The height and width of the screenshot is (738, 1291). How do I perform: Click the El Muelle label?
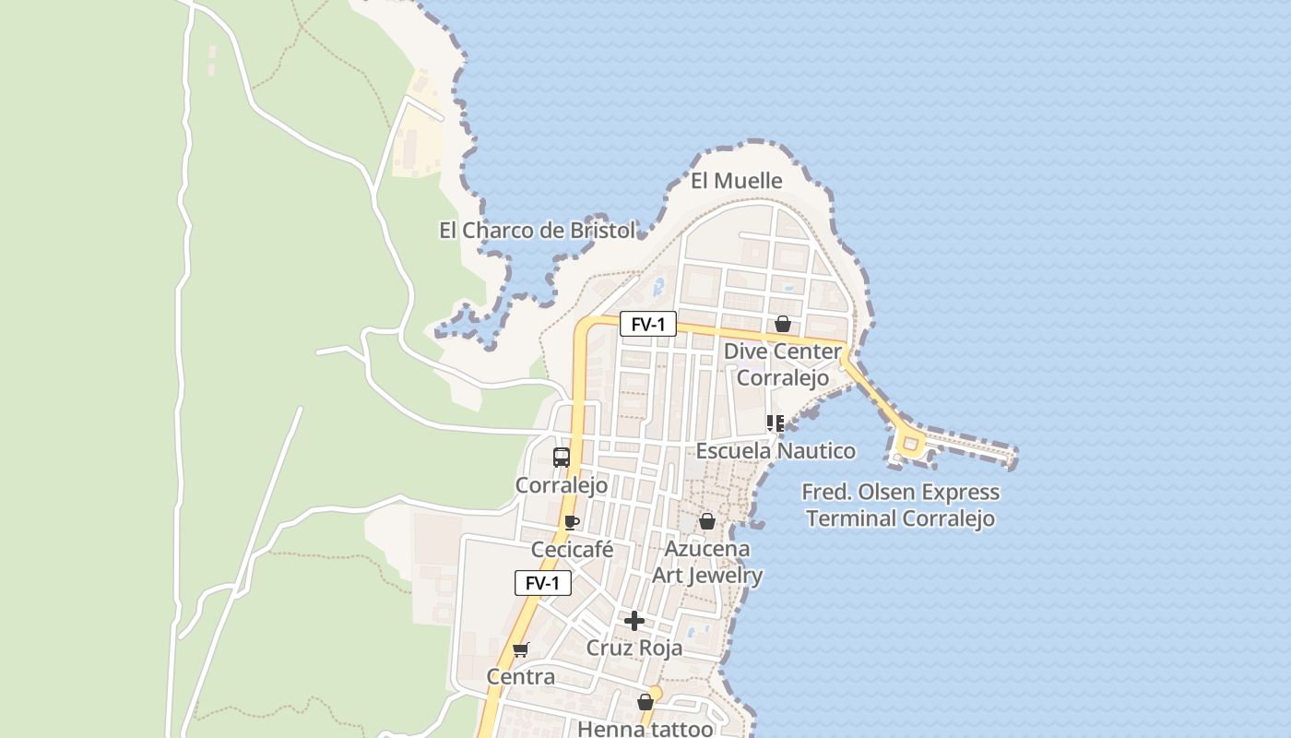pyautogui.click(x=736, y=181)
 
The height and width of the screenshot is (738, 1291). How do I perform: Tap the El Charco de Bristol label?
pyautogui.click(x=537, y=230)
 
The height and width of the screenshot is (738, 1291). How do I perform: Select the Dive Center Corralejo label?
pyautogui.click(x=782, y=364)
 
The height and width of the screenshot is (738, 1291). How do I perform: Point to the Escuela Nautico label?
pyautogui.click(x=775, y=451)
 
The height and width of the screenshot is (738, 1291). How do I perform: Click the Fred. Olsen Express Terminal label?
pyautogui.click(x=900, y=505)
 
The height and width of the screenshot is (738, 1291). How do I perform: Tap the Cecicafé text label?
pyautogui.click(x=572, y=550)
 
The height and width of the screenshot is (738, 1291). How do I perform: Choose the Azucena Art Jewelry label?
pyautogui.click(x=707, y=562)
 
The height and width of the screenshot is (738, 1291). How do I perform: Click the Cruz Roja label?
pyautogui.click(x=634, y=648)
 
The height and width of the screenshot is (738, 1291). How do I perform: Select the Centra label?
pyautogui.click(x=521, y=677)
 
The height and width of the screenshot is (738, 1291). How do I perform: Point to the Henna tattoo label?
pyautogui.click(x=645, y=728)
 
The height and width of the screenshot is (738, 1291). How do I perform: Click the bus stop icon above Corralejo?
pyautogui.click(x=561, y=457)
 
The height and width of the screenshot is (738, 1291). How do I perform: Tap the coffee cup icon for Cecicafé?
pyautogui.click(x=572, y=522)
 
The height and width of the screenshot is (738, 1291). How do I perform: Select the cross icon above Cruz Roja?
pyautogui.click(x=634, y=621)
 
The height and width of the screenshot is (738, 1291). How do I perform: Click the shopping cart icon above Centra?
pyautogui.click(x=521, y=649)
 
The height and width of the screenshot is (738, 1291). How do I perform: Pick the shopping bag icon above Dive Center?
pyautogui.click(x=782, y=324)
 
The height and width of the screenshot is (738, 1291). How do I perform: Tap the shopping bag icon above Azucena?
pyautogui.click(x=707, y=521)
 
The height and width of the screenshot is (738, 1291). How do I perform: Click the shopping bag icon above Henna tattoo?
pyautogui.click(x=645, y=702)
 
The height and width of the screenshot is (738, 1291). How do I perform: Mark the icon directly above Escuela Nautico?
pyautogui.click(x=776, y=423)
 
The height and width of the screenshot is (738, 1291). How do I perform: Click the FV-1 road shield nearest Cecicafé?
pyautogui.click(x=542, y=583)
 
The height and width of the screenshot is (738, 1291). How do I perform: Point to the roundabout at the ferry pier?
pyautogui.click(x=911, y=446)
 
